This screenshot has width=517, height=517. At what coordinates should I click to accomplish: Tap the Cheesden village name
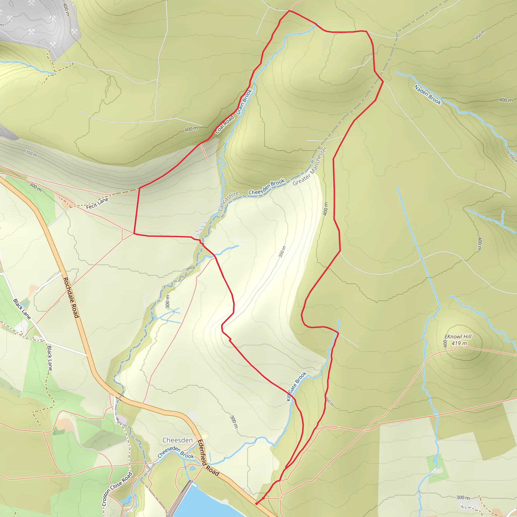(177, 440)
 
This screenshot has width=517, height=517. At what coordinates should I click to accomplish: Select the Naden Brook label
(427, 95)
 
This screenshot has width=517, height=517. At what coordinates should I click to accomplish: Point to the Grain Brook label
(244, 102)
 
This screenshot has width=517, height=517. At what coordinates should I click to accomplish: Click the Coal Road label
(224, 125)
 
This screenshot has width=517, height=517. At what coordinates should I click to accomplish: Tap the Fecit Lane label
(97, 203)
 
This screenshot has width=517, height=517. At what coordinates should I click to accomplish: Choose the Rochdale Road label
(71, 298)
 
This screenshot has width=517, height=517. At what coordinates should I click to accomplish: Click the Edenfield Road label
(208, 458)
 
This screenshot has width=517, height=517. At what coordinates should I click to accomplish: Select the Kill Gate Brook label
(296, 386)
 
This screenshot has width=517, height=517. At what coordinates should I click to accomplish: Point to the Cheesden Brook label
(267, 187)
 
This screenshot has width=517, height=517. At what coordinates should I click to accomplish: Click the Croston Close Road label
(117, 489)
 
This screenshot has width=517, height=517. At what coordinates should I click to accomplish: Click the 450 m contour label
(480, 35)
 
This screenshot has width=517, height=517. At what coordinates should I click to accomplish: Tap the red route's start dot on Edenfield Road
(256, 504)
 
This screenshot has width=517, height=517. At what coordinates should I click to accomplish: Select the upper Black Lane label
(22, 309)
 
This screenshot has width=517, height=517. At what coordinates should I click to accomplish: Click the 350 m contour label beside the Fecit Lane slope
(31, 153)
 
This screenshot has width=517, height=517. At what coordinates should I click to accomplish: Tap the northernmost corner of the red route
(289, 11)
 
